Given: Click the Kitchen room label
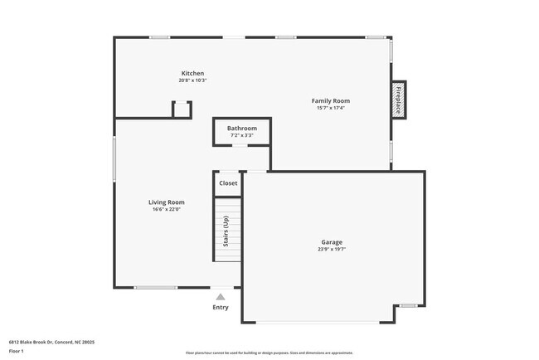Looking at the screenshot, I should coord(192,73).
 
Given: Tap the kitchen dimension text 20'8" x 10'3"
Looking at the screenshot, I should coord(192,80).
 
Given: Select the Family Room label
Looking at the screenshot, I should coord(330,100).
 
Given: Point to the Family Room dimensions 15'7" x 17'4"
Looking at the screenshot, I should coord(330,108).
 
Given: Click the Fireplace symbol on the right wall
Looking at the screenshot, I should coord(399,100).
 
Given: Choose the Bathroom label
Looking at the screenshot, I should coord(242,128).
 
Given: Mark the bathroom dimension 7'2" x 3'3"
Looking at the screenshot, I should coord(242,135).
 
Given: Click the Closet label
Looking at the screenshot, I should coord(228,183).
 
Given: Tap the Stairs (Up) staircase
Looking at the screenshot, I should coord(227,230).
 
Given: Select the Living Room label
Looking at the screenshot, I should coord(166,202).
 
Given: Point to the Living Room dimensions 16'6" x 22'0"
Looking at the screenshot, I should coord(166,209).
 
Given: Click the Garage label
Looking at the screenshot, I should coord(332,242).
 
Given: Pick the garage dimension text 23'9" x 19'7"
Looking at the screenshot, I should coord(332,250).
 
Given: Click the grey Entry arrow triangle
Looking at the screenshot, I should coord(221,296).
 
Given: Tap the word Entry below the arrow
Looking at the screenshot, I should coord(221,307).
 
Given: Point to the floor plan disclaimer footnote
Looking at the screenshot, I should coord(269,353).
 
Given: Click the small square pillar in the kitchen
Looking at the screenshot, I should coord(182,109).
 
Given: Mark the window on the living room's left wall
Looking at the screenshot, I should coord(114,158).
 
